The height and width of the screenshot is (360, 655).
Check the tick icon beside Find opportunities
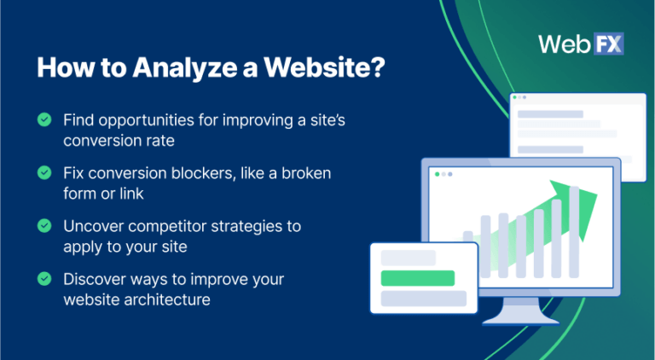pos(43,120)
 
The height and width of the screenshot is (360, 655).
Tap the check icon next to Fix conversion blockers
pos(43,173)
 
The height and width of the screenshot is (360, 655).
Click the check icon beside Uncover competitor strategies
pos(43,226)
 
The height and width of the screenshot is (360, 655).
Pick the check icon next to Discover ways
pos(43,279)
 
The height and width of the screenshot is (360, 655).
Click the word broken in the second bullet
pos(304,173)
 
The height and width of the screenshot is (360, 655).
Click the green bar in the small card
pos(417,277)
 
